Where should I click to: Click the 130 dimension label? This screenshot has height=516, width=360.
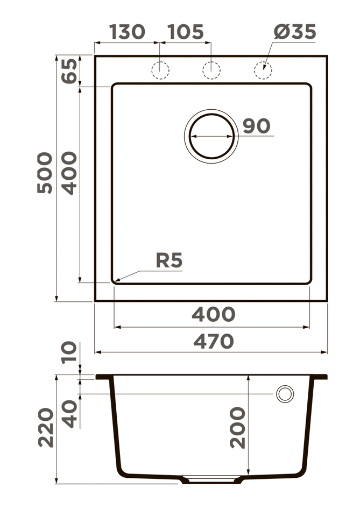(x=127, y=32)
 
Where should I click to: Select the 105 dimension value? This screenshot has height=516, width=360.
(x=185, y=32)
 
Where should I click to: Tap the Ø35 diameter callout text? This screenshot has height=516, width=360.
(x=294, y=32)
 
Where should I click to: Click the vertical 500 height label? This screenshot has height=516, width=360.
(x=45, y=173)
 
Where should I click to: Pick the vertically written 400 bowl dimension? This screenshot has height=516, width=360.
(x=69, y=173)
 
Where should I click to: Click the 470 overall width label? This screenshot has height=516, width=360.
(x=213, y=341)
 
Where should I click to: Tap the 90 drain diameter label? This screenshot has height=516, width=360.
(x=256, y=126)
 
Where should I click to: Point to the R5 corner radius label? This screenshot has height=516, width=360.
(x=169, y=260)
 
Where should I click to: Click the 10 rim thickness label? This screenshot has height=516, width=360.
(x=69, y=353)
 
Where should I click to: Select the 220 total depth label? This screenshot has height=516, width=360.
(x=46, y=427)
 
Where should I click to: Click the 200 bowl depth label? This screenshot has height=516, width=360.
(x=237, y=427)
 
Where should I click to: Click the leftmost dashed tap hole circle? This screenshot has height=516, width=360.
(x=160, y=70)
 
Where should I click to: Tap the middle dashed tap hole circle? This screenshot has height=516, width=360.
(x=211, y=70)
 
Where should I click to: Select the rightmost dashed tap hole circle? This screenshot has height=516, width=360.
(x=263, y=70)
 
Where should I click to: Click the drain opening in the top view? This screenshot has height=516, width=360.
(x=211, y=136)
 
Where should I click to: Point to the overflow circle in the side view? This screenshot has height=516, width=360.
(x=285, y=394)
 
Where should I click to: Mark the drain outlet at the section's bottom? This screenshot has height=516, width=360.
(x=211, y=479)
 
